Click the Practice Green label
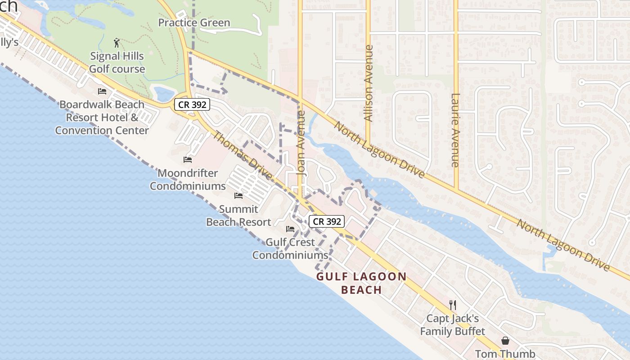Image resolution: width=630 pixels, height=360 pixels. click(x=194, y=22)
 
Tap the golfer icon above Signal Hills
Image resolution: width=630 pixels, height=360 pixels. click(x=117, y=43)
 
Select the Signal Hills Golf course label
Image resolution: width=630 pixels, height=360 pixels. click(x=117, y=63)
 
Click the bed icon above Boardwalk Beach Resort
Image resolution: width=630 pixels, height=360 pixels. click(x=102, y=91)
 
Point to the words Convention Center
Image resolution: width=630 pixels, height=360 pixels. click(x=102, y=130)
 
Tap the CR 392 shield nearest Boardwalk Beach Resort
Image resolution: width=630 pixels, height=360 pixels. click(x=192, y=105)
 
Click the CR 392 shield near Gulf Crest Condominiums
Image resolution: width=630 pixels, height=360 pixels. click(x=327, y=221)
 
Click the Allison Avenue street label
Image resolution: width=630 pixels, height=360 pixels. click(x=369, y=83)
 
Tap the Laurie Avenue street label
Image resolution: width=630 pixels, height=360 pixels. click(x=455, y=130)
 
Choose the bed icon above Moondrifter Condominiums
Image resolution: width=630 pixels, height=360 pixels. click(x=188, y=160)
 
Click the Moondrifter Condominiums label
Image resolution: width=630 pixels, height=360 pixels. click(x=188, y=180)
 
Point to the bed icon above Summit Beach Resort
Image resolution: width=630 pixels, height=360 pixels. click(x=238, y=196)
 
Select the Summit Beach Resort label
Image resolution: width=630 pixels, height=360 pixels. click(x=238, y=216)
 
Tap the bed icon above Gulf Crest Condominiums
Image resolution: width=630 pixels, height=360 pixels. click(x=290, y=229)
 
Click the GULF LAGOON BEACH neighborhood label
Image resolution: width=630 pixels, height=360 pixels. click(x=361, y=283)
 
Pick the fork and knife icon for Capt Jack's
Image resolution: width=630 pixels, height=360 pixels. click(x=453, y=305)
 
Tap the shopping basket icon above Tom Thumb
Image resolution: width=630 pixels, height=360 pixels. click(x=505, y=341)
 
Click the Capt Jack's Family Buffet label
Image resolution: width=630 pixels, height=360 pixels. click(x=453, y=325)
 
